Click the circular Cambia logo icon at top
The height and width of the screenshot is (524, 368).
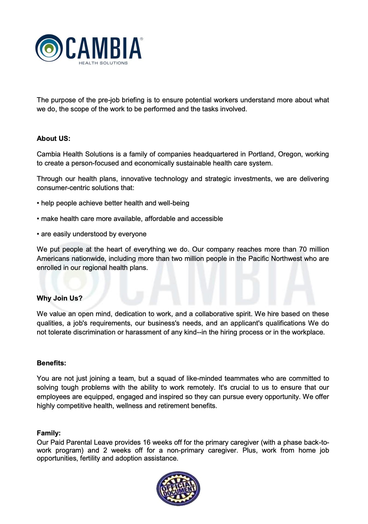point(49,48)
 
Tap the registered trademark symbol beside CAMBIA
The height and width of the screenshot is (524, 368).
point(141,39)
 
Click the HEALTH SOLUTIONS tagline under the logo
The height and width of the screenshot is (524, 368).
point(103,63)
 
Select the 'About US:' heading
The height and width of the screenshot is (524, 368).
point(54,138)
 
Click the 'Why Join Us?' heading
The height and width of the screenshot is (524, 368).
point(60,298)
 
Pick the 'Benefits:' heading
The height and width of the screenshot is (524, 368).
point(51,363)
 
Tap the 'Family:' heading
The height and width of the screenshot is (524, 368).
point(49,433)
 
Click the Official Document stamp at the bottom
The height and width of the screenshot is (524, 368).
point(178,488)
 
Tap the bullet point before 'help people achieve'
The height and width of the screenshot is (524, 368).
point(38,203)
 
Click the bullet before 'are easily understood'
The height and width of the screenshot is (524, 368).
point(38,234)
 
